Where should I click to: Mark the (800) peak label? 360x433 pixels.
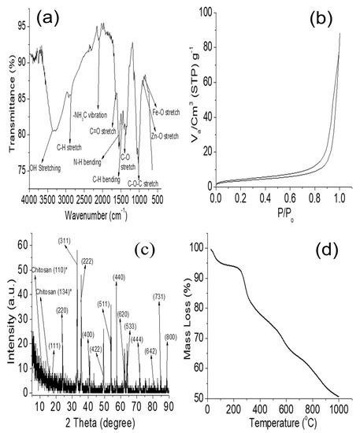(x=169, y=337)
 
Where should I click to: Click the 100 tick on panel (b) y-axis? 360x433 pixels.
(x=203, y=13)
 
